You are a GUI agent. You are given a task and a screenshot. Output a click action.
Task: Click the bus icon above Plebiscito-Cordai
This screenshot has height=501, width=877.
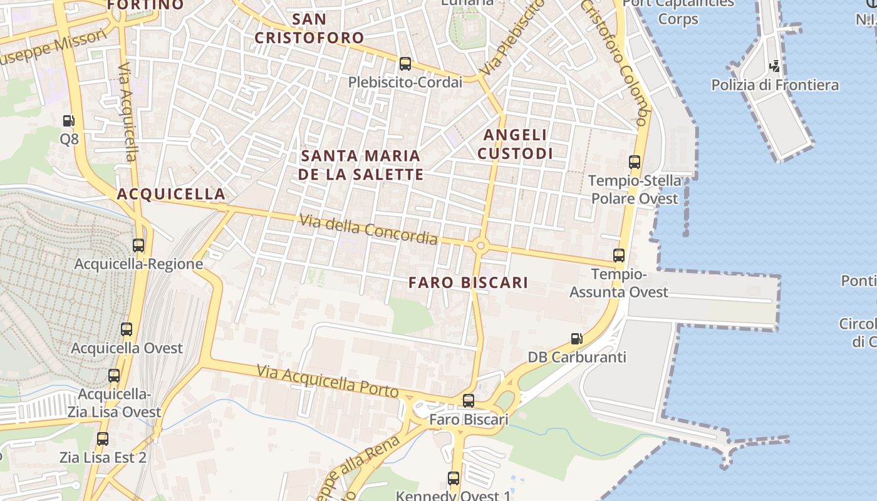pyautogui.click(x=405, y=64)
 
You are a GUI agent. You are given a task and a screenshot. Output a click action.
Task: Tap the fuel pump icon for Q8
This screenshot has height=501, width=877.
pyautogui.click(x=69, y=120)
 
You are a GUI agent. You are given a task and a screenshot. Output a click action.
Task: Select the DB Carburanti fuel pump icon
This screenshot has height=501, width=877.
pyautogui.click(x=576, y=339)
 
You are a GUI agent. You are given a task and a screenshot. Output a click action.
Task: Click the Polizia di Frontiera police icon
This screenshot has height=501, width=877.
pyautogui.click(x=775, y=66)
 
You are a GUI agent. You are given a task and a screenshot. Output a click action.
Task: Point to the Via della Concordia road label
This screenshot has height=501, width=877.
pyautogui.click(x=368, y=229)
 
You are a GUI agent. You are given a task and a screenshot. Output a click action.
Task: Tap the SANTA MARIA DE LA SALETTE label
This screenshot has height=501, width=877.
pyautogui.click(x=361, y=165)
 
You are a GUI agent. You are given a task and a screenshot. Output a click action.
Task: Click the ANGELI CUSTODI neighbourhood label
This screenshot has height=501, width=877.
pyautogui.click(x=515, y=144)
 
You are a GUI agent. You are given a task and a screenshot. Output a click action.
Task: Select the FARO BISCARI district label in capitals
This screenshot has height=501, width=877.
pyautogui.click(x=468, y=282)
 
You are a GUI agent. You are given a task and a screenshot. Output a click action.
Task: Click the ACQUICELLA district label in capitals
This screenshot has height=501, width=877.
pyautogui.click(x=171, y=194)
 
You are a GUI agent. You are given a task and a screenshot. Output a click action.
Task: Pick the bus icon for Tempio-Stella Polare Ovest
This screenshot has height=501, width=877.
pyautogui.click(x=635, y=162)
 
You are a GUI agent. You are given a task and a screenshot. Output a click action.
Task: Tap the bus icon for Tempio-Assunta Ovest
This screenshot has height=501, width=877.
pyautogui.click(x=619, y=256)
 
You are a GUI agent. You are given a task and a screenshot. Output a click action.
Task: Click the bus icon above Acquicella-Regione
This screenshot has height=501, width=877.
pyautogui.click(x=138, y=245)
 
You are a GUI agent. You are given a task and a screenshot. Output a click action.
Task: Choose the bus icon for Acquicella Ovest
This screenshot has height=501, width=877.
pyautogui.click(x=127, y=329)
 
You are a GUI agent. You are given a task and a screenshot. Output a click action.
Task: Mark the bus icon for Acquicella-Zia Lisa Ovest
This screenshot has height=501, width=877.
pyautogui.click(x=114, y=376)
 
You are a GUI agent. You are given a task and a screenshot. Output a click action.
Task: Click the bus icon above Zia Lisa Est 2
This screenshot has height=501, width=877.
pyautogui.click(x=103, y=439)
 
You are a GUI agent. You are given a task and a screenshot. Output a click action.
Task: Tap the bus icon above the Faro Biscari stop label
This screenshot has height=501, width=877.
pyautogui.click(x=469, y=401)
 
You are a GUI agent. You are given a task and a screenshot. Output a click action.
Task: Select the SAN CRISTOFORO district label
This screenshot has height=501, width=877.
pyautogui.click(x=309, y=28)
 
